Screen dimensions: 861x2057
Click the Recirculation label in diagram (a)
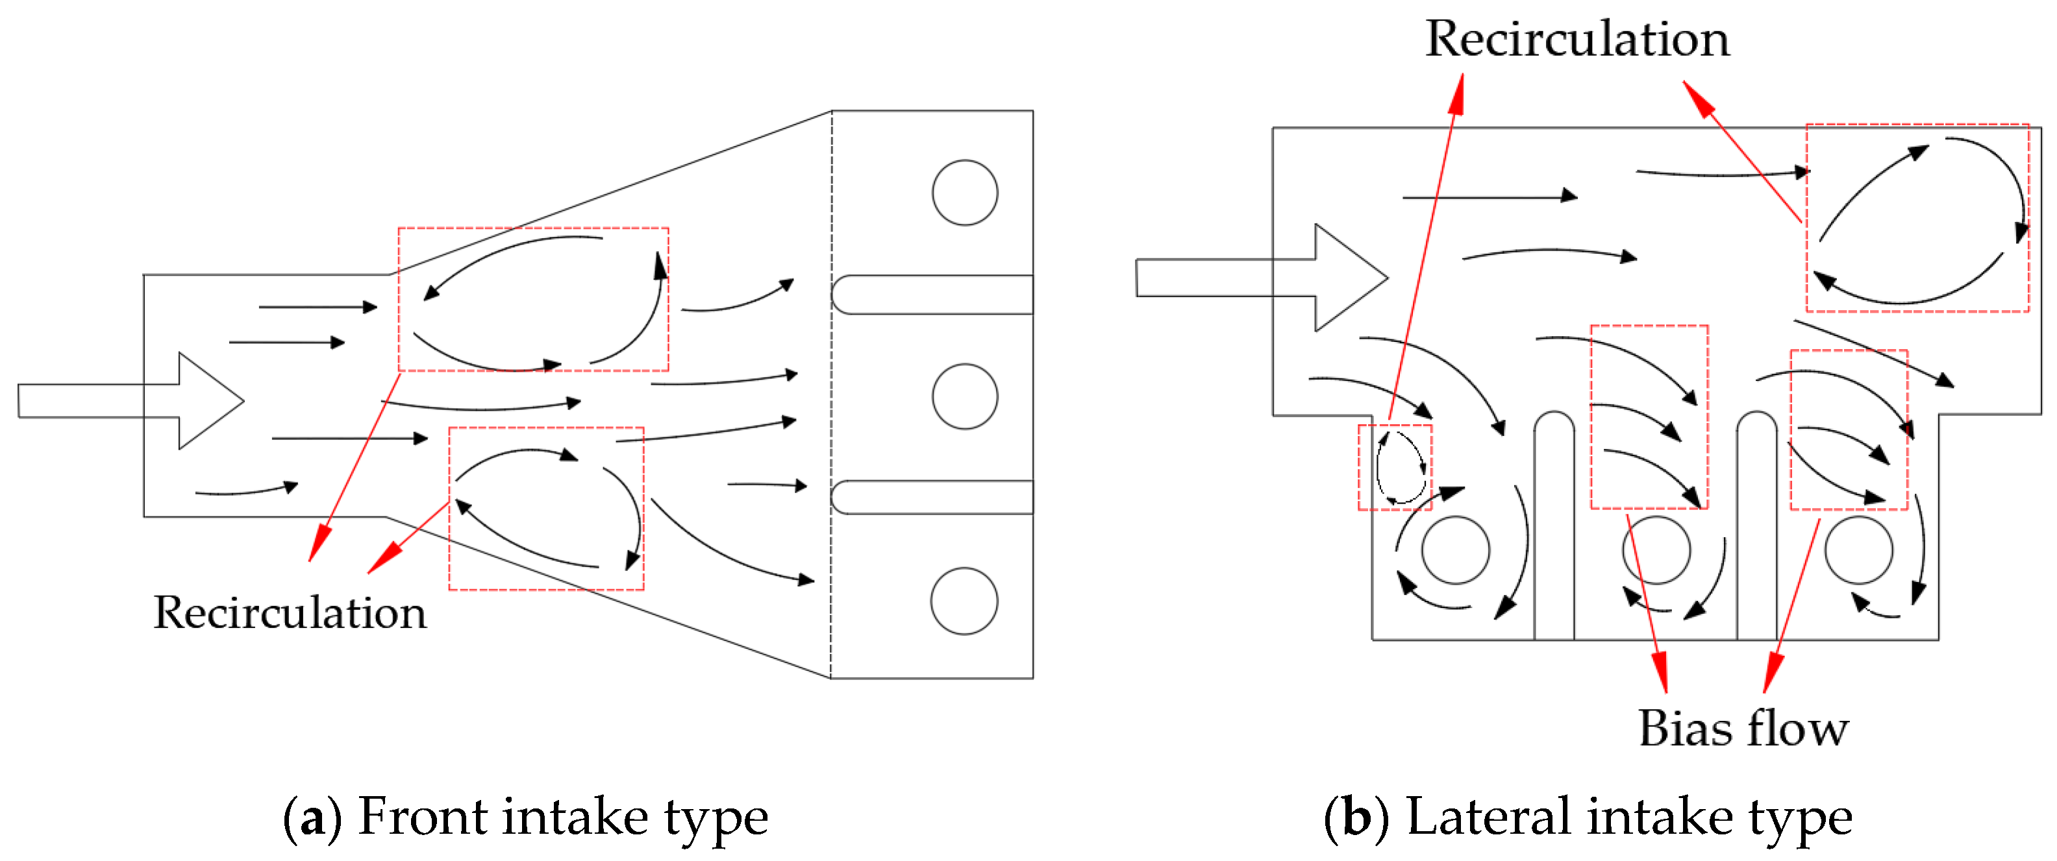(x=290, y=613)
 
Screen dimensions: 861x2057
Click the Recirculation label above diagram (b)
(x=1577, y=38)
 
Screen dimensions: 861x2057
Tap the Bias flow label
(x=1743, y=729)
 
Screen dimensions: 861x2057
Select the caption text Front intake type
(x=563, y=817)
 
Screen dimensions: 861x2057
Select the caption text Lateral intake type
(x=1629, y=817)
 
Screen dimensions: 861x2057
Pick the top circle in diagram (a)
(x=965, y=192)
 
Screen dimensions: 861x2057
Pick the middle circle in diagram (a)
(x=965, y=396)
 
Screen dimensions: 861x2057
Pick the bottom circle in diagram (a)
(x=964, y=601)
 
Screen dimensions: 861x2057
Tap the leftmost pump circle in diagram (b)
(x=1455, y=550)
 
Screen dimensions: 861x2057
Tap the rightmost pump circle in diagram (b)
(x=1858, y=550)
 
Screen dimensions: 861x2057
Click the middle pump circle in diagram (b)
(x=1656, y=550)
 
